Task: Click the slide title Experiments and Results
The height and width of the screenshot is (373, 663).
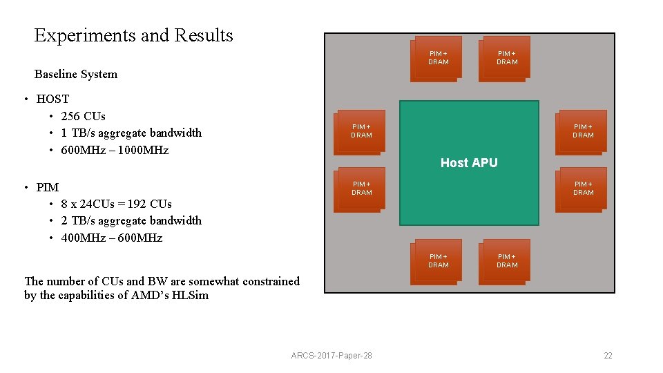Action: [x=133, y=35]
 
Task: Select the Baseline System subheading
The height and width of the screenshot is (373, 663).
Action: [x=76, y=74]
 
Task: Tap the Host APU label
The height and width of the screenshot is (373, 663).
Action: [x=469, y=163]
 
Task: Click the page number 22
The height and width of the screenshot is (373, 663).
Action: [x=608, y=356]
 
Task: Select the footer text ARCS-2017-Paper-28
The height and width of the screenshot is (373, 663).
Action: [x=331, y=356]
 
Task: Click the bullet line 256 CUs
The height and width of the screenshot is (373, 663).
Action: [x=83, y=116]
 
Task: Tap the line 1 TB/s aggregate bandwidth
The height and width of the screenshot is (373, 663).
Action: [x=131, y=133]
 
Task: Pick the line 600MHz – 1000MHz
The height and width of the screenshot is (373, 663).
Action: [x=115, y=150]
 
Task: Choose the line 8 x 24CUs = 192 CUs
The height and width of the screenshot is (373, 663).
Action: [x=116, y=204]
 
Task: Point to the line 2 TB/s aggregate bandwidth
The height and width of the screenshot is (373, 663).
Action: [x=131, y=220]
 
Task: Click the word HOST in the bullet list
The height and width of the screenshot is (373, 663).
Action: [x=52, y=99]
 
